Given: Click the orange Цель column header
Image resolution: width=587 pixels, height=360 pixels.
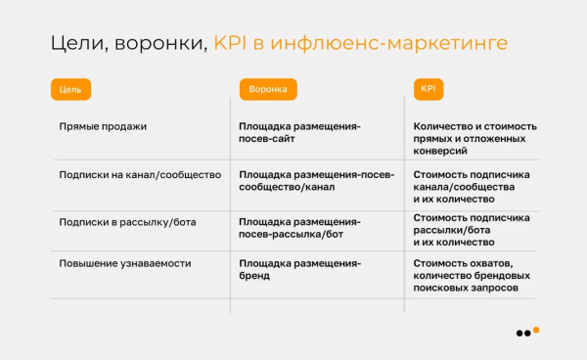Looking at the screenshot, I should pyautogui.click(x=70, y=89).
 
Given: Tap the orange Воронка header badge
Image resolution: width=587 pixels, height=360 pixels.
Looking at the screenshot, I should pyautogui.click(x=267, y=89).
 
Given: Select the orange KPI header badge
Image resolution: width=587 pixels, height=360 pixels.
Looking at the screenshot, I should pyautogui.click(x=429, y=89).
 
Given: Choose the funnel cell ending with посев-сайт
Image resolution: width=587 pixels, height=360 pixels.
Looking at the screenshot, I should pyautogui.click(x=299, y=133).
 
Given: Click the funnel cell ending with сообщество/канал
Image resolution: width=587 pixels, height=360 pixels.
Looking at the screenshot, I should pyautogui.click(x=317, y=181).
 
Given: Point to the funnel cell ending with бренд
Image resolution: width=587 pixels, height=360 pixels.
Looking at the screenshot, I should pyautogui.click(x=299, y=271).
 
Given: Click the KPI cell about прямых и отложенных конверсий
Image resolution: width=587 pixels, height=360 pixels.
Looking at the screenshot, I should pyautogui.click(x=474, y=139).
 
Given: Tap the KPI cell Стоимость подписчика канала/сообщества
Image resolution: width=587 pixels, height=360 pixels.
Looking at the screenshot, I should pyautogui.click(x=472, y=187).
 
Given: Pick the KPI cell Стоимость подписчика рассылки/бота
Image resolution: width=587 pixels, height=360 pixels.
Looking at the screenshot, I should pyautogui.click(x=472, y=230).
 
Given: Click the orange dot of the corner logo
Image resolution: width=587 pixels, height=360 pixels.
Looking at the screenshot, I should pyautogui.click(x=536, y=330).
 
